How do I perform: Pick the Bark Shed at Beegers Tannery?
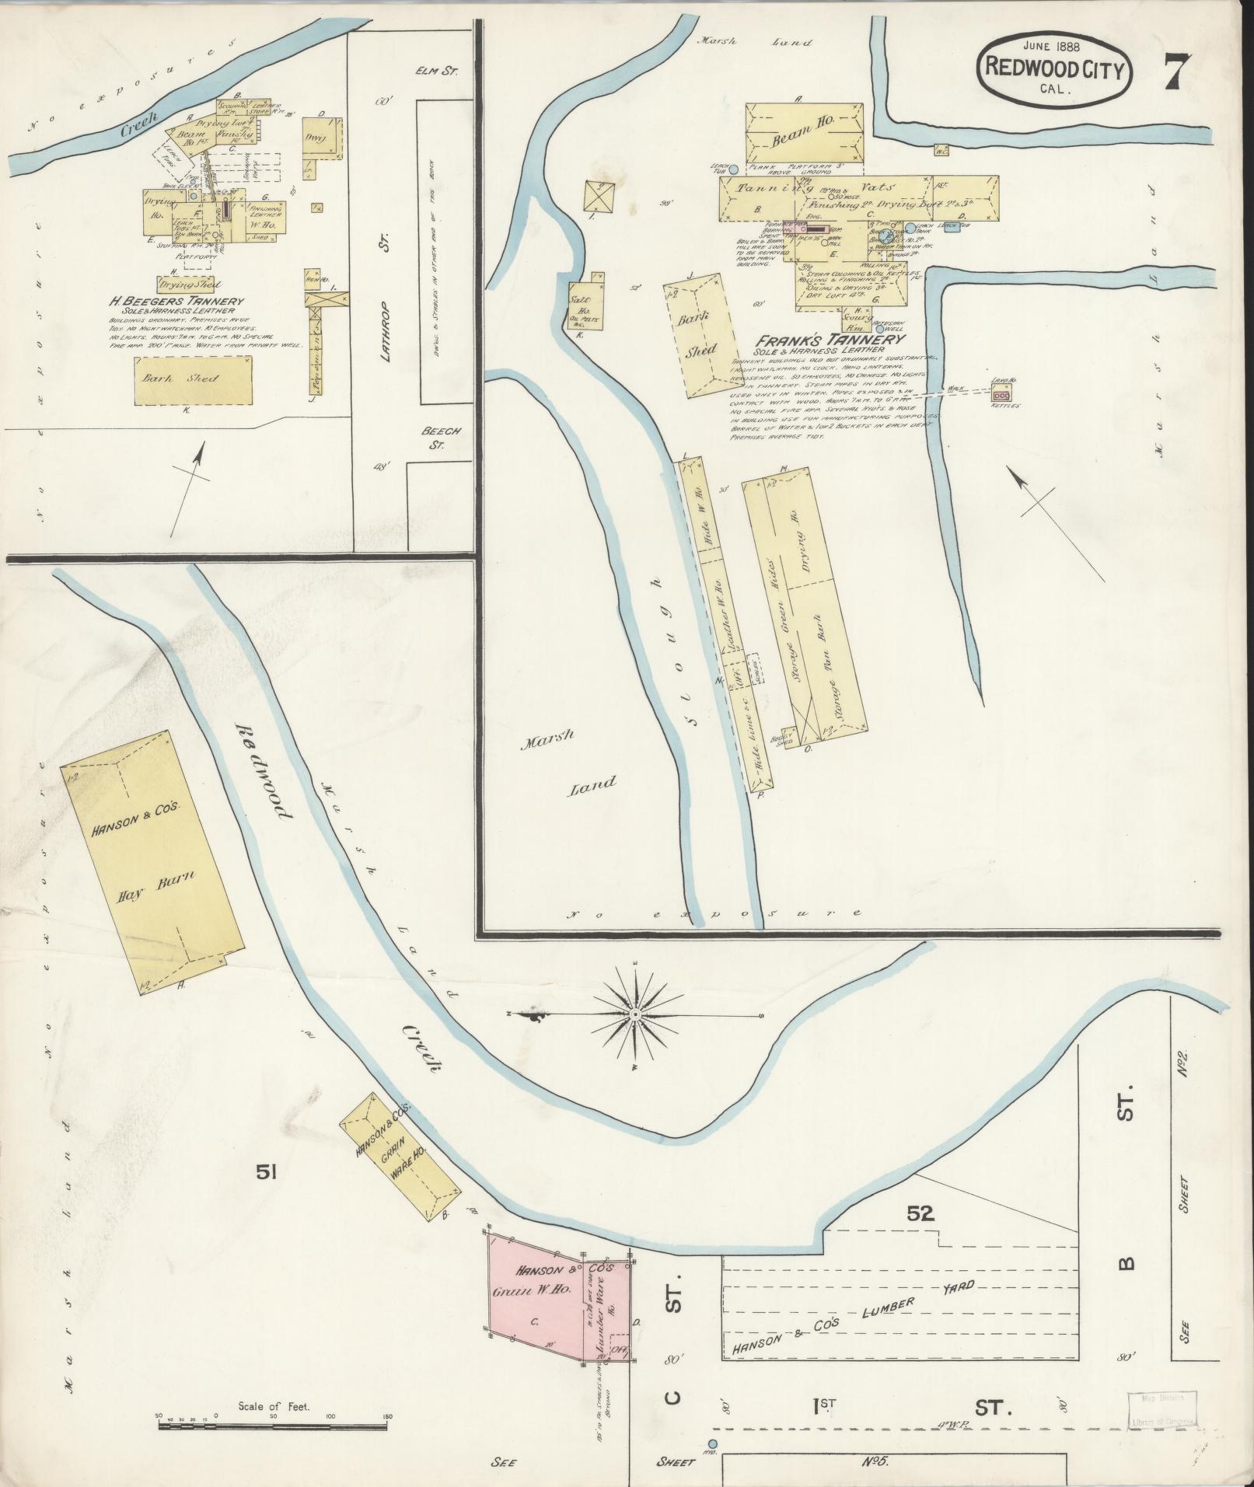click(x=194, y=379)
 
